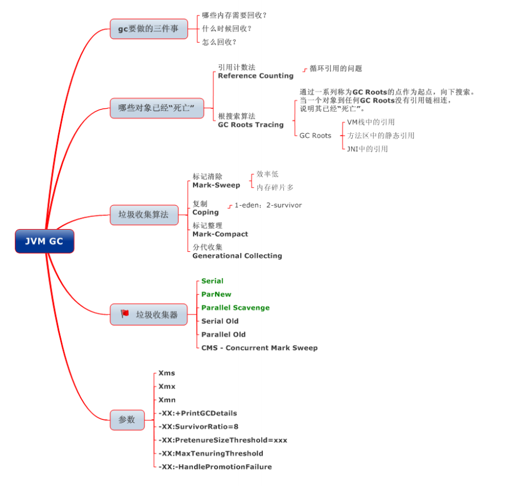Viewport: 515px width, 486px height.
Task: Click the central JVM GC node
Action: [x=44, y=241]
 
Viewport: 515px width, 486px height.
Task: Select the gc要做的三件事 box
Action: [x=149, y=28]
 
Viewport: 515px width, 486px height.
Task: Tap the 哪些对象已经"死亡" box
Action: [x=156, y=108]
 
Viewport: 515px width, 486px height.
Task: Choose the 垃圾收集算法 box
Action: [x=143, y=215]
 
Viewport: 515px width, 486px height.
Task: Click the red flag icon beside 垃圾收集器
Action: [x=125, y=314]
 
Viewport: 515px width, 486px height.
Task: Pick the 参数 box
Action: [x=127, y=420]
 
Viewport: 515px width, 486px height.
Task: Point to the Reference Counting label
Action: [x=256, y=76]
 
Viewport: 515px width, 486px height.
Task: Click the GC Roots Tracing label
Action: [x=250, y=125]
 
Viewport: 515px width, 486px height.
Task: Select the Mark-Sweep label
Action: [x=216, y=185]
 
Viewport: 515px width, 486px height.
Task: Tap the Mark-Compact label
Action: [x=220, y=234]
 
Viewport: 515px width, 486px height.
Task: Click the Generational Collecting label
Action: [x=237, y=256]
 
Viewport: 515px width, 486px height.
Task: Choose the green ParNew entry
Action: [x=216, y=294]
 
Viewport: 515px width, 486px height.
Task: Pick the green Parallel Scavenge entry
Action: [x=236, y=308]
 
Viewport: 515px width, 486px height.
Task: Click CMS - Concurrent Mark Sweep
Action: [x=259, y=348]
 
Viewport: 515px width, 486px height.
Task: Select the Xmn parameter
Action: [x=167, y=400]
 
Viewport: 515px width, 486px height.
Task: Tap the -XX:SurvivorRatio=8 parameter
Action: [x=199, y=427]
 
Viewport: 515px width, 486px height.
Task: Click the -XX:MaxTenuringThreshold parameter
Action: [x=211, y=454]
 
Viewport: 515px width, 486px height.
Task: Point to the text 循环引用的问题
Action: [x=336, y=68]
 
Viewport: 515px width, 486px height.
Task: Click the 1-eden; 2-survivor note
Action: [x=268, y=205]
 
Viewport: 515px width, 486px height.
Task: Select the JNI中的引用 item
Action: [x=367, y=149]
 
